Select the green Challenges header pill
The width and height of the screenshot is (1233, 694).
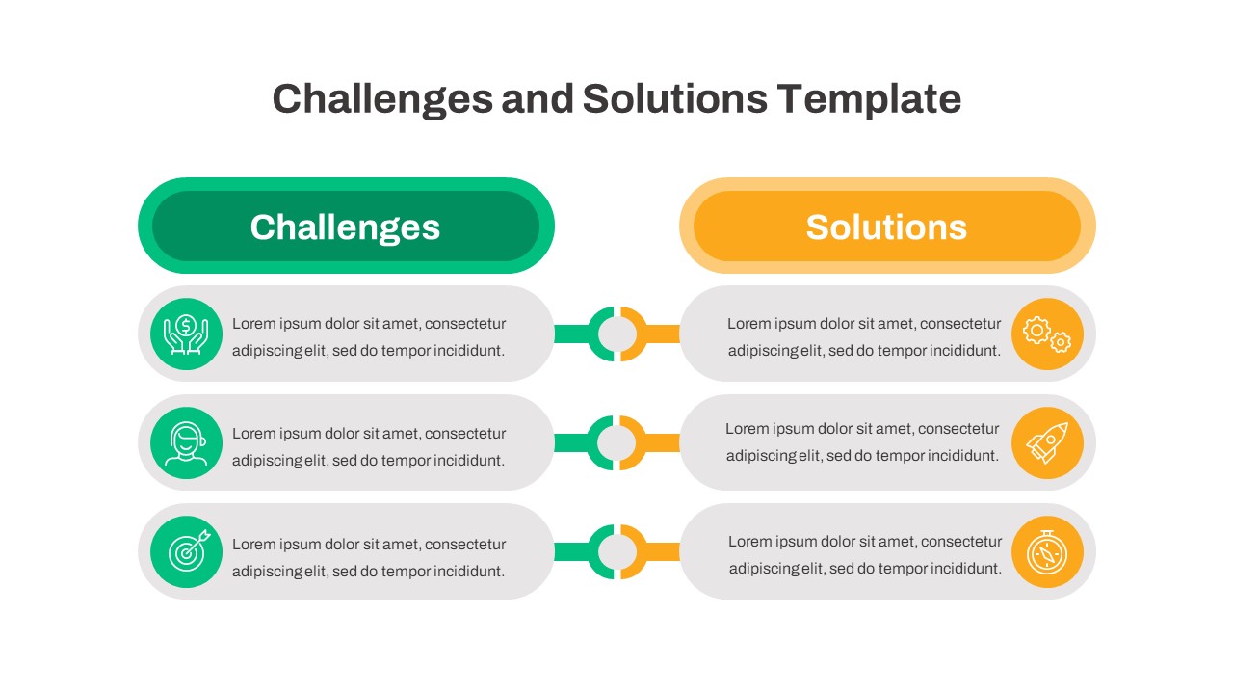click(x=346, y=227)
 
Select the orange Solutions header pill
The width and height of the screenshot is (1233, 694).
click(x=887, y=227)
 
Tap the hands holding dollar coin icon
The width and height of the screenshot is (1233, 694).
click(x=186, y=334)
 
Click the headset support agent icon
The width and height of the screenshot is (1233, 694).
click(x=186, y=443)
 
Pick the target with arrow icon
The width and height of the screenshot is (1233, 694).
click(x=186, y=552)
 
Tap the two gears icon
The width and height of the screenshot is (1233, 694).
click(x=1047, y=334)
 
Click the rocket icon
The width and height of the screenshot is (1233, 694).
click(x=1047, y=443)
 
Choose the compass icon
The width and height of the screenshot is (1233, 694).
click(x=1047, y=552)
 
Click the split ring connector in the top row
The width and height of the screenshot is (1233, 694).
click(x=616, y=334)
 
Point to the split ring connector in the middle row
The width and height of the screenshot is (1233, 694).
click(x=616, y=443)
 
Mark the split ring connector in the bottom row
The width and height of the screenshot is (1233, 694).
click(x=616, y=552)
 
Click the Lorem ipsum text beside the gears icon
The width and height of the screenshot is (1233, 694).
click(x=864, y=337)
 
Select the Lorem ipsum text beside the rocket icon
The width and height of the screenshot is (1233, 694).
click(x=862, y=441)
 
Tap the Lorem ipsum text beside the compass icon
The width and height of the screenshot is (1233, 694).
click(x=864, y=555)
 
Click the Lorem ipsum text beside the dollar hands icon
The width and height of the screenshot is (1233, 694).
click(x=369, y=337)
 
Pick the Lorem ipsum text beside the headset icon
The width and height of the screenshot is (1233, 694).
click(x=369, y=447)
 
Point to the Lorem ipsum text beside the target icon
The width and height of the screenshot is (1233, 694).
click(x=369, y=557)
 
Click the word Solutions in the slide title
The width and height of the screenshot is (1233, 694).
click(x=674, y=99)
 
